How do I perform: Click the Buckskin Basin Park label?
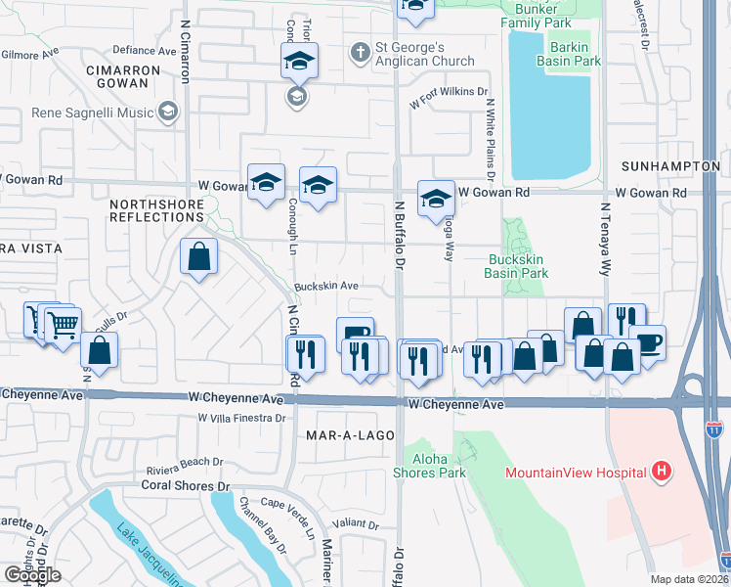(516, 267)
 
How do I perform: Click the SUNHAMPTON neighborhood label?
(674, 167)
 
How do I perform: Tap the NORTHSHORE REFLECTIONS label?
(156, 210)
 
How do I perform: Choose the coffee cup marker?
(648, 342)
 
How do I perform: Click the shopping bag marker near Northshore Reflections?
(198, 257)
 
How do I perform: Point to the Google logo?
(31, 574)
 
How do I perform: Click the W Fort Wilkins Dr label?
(450, 95)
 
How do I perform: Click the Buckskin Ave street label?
(326, 287)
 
